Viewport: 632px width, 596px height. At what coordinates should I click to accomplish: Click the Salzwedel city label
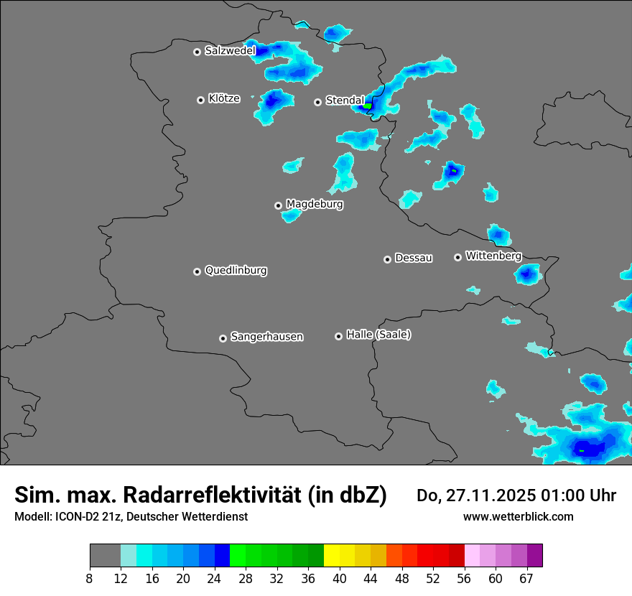[x=230, y=51]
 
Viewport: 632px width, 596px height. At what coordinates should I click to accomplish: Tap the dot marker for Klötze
[x=200, y=100]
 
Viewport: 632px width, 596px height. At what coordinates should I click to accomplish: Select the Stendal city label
[x=345, y=101]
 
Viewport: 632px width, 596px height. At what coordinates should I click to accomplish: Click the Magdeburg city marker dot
[x=278, y=205]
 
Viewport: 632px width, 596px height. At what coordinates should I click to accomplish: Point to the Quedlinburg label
[x=236, y=271]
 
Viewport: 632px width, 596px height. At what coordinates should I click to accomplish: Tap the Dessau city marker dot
[x=387, y=259]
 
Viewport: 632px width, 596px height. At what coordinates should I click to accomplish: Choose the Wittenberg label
[x=493, y=256]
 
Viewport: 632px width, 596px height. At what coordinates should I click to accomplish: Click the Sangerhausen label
[x=266, y=337]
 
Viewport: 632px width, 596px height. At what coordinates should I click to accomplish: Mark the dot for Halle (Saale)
[x=338, y=336]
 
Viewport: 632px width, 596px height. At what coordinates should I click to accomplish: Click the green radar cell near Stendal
[x=368, y=106]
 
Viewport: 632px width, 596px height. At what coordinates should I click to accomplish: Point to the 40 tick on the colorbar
[x=340, y=578]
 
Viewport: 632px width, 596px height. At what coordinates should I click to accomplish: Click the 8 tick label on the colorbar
[x=90, y=578]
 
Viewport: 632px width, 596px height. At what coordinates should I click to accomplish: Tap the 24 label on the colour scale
[x=215, y=578]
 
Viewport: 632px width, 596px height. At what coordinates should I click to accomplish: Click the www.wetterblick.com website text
[x=518, y=516]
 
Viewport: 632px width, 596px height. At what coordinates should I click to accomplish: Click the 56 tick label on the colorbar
[x=465, y=578]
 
